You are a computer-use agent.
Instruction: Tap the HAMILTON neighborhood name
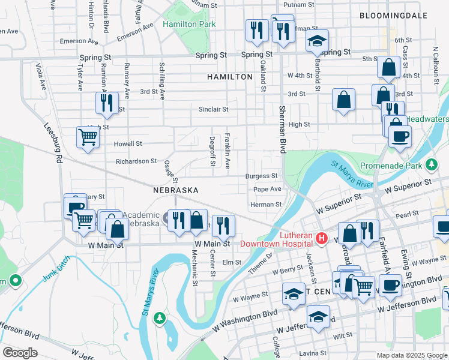(x=230, y=77)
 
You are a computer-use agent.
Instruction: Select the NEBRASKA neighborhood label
(x=175, y=190)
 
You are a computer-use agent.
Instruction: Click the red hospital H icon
(x=321, y=239)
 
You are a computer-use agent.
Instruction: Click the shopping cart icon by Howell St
(x=88, y=138)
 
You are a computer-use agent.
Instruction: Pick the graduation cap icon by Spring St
(x=316, y=41)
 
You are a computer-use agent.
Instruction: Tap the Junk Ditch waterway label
(x=56, y=269)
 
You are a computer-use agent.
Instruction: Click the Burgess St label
(x=261, y=176)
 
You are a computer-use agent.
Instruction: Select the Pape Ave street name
(x=267, y=189)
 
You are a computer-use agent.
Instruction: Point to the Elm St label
(x=231, y=262)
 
